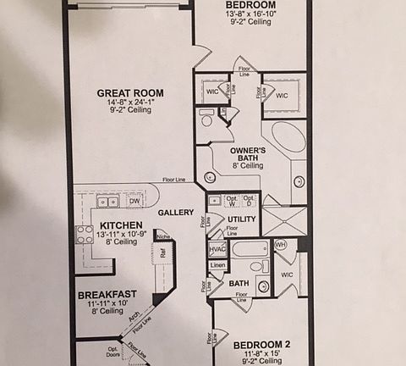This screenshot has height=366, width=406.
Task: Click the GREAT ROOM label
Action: (129, 93)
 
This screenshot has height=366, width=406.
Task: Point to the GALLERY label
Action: (176, 212)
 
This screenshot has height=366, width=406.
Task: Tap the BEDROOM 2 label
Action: (261, 344)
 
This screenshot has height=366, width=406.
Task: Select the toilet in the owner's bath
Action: (206, 118)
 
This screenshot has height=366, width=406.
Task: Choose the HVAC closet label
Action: (217, 249)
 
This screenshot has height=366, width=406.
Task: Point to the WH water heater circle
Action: (280, 246)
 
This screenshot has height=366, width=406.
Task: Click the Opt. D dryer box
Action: (248, 201)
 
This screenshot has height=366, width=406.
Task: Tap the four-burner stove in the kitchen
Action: (85, 233)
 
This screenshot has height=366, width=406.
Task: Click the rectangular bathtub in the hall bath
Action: (250, 249)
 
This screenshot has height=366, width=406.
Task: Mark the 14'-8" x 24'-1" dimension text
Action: (129, 103)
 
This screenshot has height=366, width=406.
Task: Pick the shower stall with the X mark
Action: (283, 219)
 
